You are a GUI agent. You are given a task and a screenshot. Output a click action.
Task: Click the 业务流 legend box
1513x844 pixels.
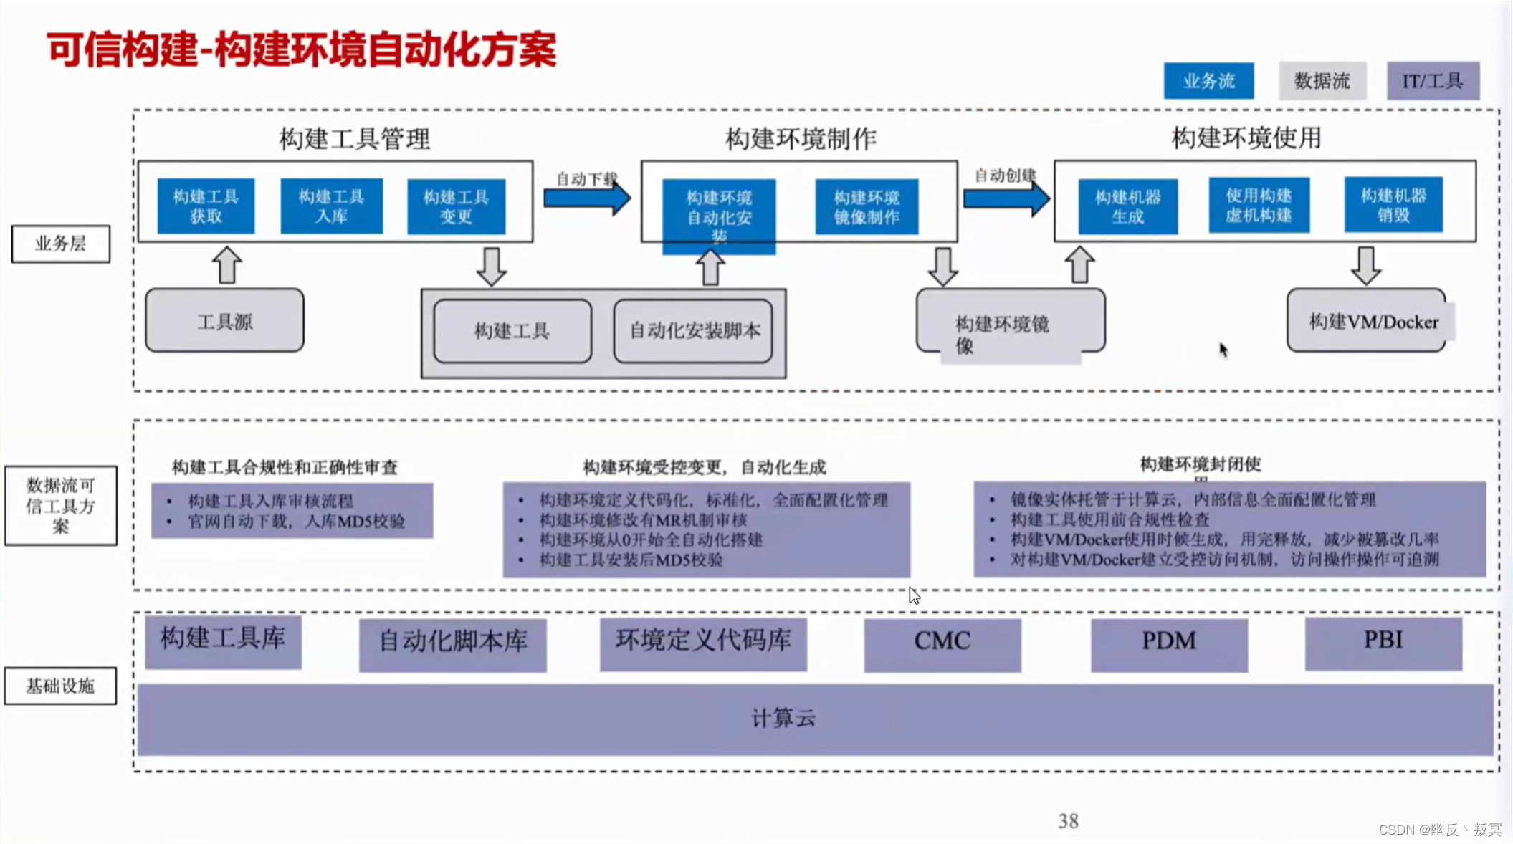coord(1208,81)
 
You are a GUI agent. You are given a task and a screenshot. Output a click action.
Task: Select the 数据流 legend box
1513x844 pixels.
coord(1322,81)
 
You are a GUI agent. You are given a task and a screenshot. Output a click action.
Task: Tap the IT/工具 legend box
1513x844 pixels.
coord(1432,81)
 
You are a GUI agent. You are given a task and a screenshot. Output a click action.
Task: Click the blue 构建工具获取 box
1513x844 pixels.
coord(206,206)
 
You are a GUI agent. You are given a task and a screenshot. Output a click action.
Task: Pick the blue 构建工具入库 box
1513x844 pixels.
coord(331,206)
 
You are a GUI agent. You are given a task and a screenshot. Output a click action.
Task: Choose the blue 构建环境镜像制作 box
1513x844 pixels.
coord(867,207)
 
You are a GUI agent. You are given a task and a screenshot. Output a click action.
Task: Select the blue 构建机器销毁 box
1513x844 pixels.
coord(1393,205)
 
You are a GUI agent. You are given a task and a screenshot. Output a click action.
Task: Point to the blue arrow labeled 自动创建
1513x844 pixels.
coord(1006,198)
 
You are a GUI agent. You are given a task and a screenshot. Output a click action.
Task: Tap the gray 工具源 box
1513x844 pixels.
coord(224,321)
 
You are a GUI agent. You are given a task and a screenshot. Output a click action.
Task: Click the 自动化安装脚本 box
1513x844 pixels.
coord(693,331)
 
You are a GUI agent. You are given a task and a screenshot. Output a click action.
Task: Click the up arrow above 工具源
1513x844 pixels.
coord(227,265)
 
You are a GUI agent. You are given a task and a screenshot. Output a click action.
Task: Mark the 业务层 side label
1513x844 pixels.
coord(61,244)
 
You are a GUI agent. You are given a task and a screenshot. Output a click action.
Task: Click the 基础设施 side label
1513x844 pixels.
coord(60,686)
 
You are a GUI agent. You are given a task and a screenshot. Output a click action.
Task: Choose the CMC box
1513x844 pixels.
coord(942,642)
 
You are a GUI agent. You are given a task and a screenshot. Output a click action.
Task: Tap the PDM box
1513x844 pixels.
coord(1168,642)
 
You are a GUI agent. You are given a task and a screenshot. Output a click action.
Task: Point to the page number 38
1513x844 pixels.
coord(1068,821)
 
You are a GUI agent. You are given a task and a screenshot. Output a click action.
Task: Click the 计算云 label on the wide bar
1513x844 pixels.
coord(783,719)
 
